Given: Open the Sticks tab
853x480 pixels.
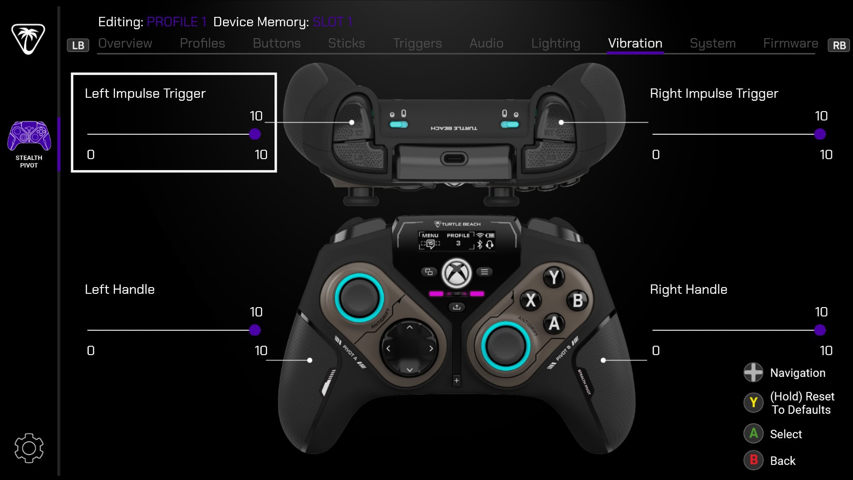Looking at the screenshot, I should pos(347,43).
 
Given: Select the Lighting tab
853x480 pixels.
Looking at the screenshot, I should pos(555,43).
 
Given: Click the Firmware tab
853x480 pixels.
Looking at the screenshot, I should pos(790,43).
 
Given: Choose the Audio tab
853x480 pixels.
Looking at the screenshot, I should pos(486,43).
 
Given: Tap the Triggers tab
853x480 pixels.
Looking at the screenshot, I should pos(417,43).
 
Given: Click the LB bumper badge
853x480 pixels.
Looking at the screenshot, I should pos(78,45).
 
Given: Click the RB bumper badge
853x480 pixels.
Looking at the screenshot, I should pos(839,45).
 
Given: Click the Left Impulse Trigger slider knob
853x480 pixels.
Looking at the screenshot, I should pos(255,134).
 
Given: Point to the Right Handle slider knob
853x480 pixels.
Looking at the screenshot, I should pos(820,330).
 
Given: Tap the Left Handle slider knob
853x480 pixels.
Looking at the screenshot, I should pos(255,330).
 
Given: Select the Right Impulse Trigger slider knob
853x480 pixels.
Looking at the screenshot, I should pos(820,134).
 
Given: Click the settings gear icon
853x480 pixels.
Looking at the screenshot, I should pos(29,448).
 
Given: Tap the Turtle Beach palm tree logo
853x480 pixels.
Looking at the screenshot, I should pos(28,39).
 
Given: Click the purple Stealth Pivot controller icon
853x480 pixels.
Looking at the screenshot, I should pos(29,136).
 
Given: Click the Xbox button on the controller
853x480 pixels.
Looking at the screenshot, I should pos(456,273).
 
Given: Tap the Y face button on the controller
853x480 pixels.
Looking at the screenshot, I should pos(554,277).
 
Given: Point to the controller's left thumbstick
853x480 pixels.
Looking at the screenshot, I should pos(359,297).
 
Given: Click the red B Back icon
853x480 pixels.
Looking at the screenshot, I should pos(753,460).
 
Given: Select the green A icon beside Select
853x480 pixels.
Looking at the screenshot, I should pos(753,433).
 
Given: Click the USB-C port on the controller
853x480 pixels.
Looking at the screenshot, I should pos(454,158).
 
